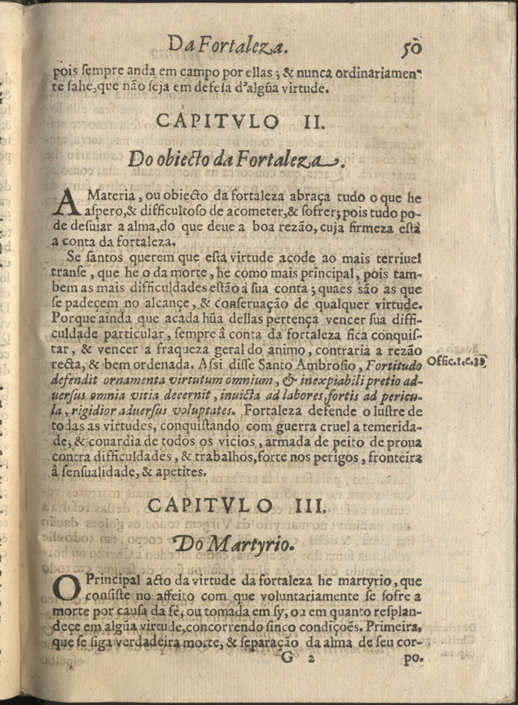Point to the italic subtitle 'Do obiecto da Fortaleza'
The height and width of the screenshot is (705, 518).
[x=235, y=159]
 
